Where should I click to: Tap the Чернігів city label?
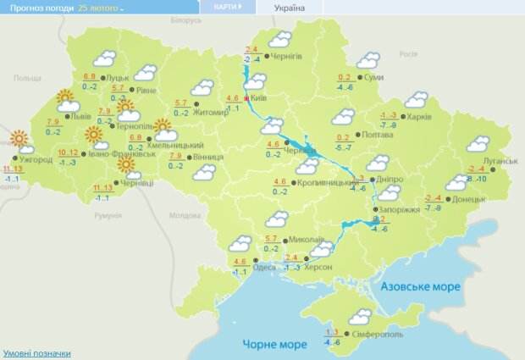pos(287,56)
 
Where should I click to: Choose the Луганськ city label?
pos(501,161)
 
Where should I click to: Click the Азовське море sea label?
pos(421,286)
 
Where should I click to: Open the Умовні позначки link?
pos(36,353)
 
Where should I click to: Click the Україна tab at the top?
pos(290,8)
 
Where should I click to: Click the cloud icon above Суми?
pos(367,61)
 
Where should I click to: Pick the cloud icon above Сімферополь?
pos(359,316)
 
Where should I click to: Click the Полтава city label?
pos(376,135)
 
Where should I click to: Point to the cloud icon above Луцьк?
pos(104,59)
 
